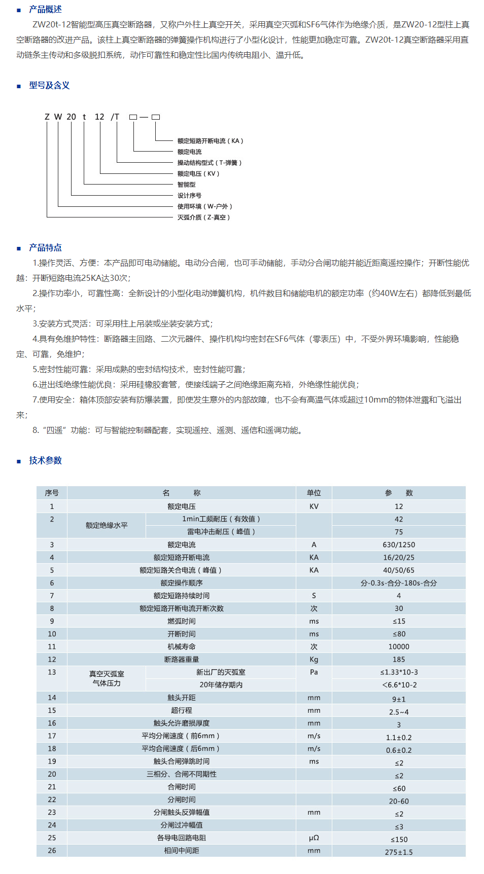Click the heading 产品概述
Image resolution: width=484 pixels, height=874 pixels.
[x=45, y=9]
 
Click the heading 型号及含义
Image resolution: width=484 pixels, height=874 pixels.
[x=49, y=85]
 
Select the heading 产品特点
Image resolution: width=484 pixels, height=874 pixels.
[x=45, y=247]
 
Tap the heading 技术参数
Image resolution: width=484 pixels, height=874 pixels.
[x=45, y=460]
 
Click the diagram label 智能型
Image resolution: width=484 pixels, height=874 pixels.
[x=186, y=185]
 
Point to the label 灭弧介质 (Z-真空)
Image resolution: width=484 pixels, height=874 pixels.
[x=203, y=217]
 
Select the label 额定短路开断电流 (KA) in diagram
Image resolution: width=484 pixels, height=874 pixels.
[x=210, y=141]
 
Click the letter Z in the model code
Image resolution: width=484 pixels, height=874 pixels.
[x=47, y=117]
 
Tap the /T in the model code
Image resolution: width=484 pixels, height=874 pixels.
[x=115, y=117]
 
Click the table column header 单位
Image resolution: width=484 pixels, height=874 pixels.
[x=314, y=493]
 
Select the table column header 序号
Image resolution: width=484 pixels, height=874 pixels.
[x=52, y=493]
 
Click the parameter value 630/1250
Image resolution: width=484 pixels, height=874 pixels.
[x=399, y=544]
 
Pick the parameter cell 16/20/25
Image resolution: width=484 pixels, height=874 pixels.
[x=399, y=557]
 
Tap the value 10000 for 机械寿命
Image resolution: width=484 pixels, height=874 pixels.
[x=399, y=646]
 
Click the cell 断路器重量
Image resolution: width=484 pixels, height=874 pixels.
[x=182, y=659]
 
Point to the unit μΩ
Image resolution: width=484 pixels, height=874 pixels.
[x=314, y=837]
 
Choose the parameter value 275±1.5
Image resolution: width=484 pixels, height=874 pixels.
[x=399, y=852]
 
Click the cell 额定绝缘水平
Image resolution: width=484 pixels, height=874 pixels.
[x=107, y=525]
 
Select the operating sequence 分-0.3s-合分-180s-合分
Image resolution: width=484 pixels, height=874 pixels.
[x=399, y=583]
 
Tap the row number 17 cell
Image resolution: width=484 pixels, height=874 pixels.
[x=52, y=736]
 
